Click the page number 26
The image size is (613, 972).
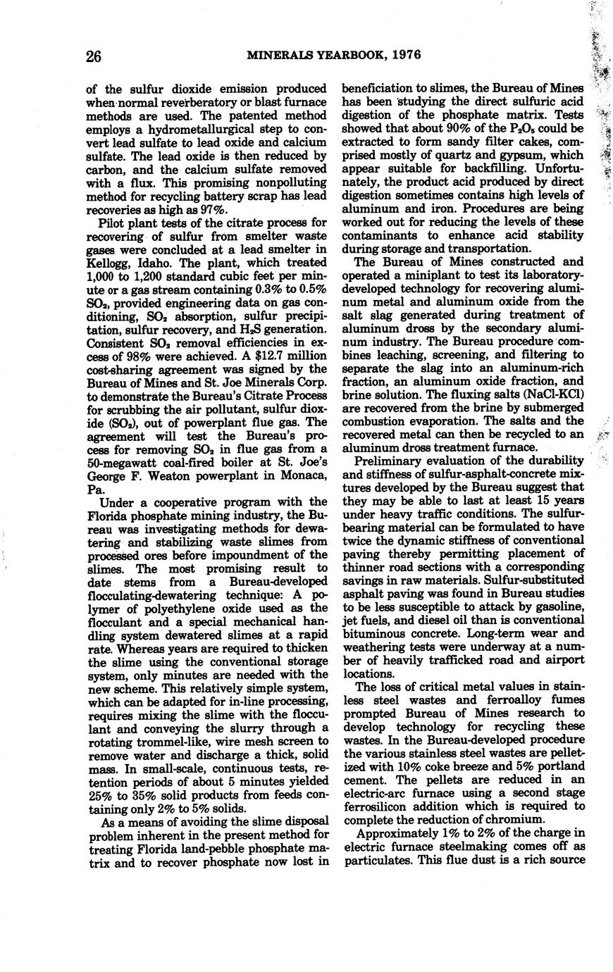pos(94,56)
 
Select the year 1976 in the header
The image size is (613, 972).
pos(404,56)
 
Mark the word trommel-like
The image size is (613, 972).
pos(169,741)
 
